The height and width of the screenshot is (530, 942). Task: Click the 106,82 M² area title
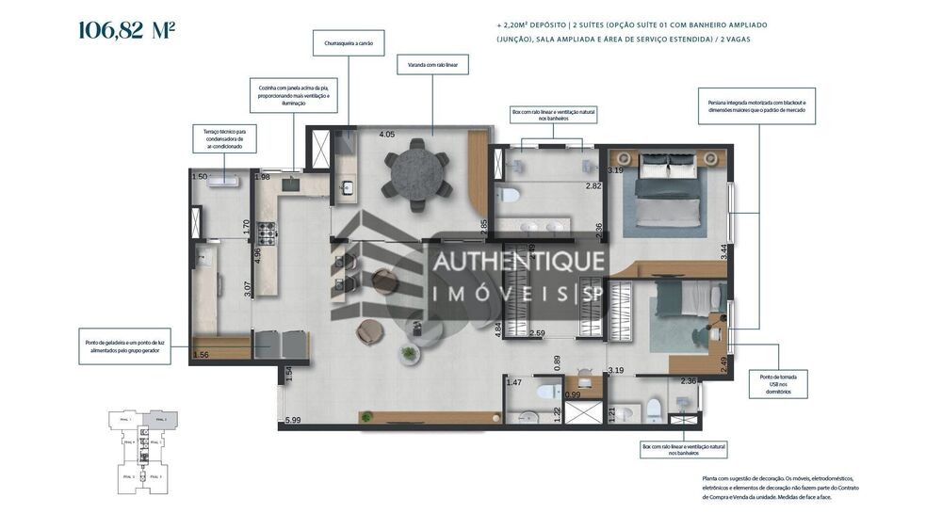126,30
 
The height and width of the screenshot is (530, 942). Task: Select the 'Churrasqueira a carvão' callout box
349,42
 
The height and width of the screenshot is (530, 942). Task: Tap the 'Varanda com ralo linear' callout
432,64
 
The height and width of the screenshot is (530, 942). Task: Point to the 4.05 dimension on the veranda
386,135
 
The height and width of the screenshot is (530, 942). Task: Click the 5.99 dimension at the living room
292,420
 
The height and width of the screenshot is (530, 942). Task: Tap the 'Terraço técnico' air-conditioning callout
224,138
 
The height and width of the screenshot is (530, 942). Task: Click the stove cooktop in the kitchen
267,232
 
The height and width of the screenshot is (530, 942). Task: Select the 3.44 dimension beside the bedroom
723,251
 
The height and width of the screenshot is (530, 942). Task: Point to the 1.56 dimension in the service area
201,355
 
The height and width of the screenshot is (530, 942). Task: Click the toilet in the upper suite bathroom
508,195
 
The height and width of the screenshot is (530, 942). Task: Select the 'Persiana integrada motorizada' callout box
756,105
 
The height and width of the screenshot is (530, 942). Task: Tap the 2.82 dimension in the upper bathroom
593,186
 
